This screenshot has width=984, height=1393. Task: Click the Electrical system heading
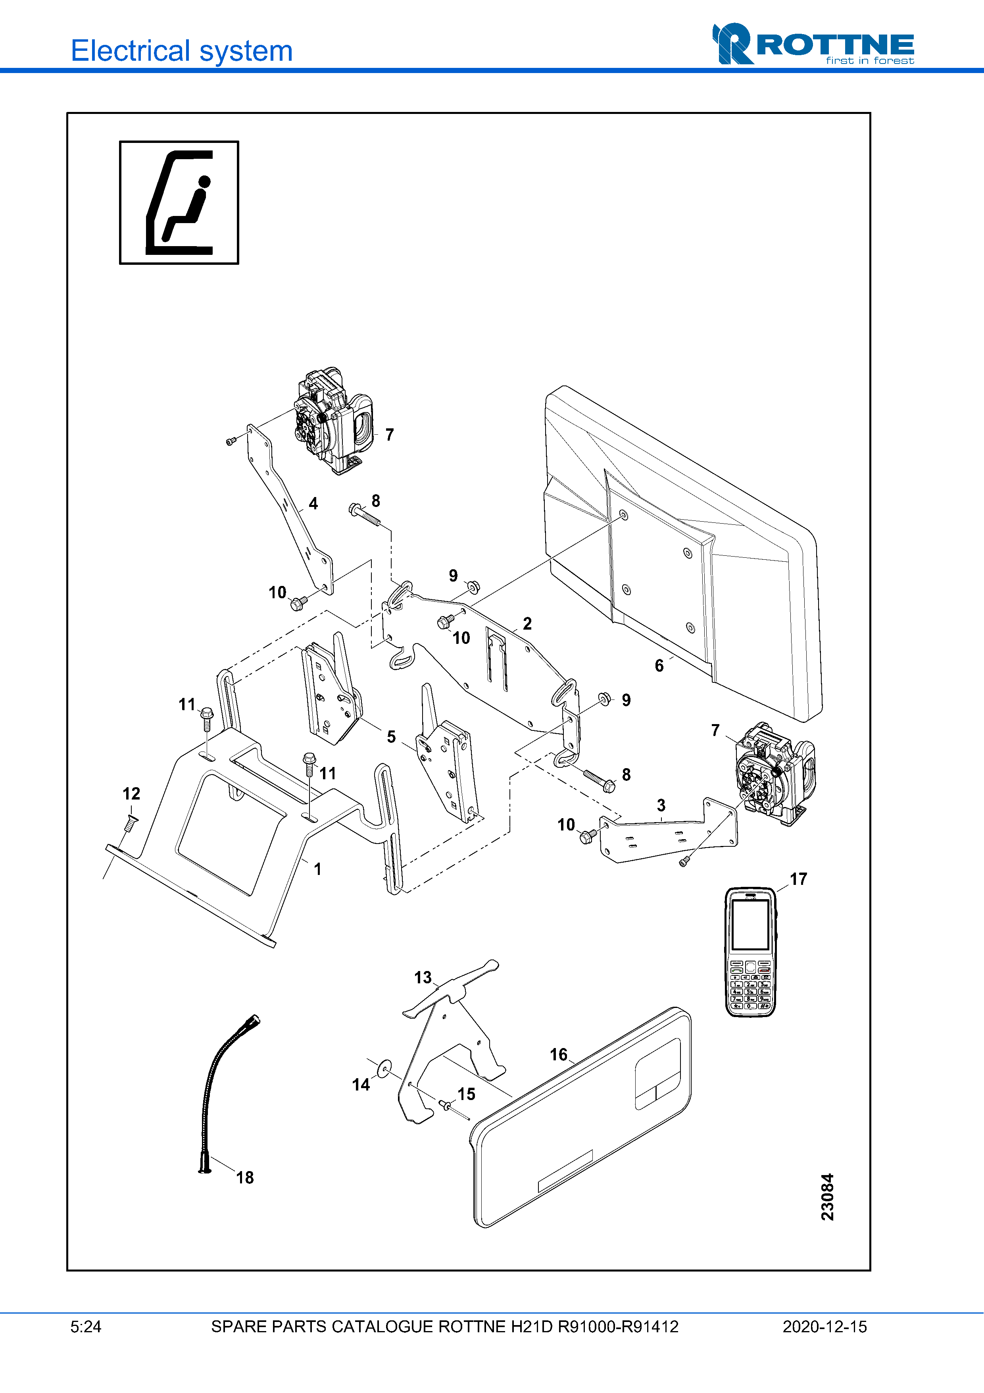(x=181, y=51)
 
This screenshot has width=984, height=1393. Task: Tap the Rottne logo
(x=813, y=44)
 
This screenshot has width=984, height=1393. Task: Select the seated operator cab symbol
(x=179, y=202)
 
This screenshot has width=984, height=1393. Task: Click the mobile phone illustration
(x=751, y=951)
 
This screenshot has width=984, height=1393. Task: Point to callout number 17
(x=798, y=879)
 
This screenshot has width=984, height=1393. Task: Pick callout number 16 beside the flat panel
(x=558, y=1054)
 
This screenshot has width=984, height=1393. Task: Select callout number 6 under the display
(x=659, y=666)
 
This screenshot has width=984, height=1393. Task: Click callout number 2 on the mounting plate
(x=527, y=623)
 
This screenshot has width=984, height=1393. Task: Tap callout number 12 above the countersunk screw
(x=131, y=794)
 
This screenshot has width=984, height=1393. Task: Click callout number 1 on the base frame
(x=317, y=869)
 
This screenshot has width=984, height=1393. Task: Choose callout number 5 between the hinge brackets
(x=391, y=736)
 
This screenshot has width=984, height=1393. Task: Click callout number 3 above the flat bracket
(x=661, y=805)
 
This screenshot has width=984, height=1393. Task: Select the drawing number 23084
(x=827, y=1196)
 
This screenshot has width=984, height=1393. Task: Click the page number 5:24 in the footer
(x=85, y=1327)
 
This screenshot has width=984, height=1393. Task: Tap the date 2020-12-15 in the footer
(x=824, y=1327)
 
